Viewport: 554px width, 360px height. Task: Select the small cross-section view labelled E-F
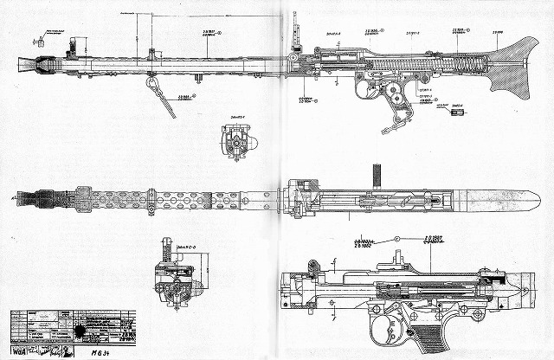tap(236, 140)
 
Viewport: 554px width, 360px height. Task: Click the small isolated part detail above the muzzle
tap(37, 38)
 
